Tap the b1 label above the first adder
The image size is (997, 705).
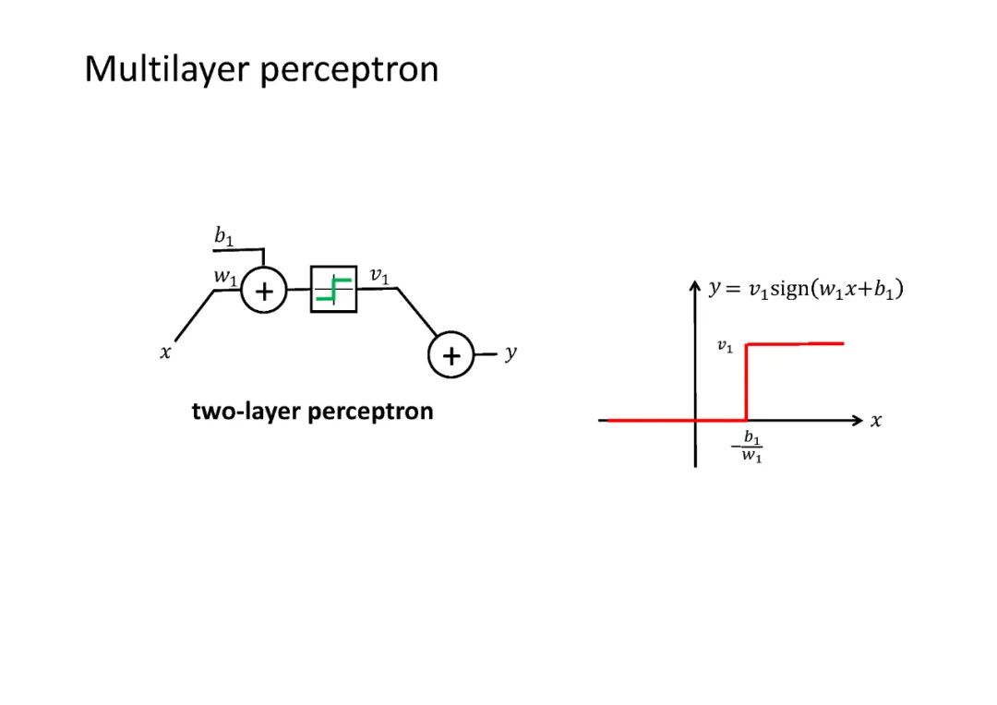pyautogui.click(x=223, y=237)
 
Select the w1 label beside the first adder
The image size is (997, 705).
pyautogui.click(x=224, y=275)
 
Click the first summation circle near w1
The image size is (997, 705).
pyautogui.click(x=264, y=292)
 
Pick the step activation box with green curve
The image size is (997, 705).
pyautogui.click(x=333, y=289)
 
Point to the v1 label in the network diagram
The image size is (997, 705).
pyautogui.click(x=378, y=275)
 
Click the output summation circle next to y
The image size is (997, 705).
pyautogui.click(x=450, y=356)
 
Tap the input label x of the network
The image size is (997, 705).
pyautogui.click(x=165, y=352)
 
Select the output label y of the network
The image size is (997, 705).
pyautogui.click(x=511, y=353)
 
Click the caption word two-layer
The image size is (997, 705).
pyautogui.click(x=246, y=412)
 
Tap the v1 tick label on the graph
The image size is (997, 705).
pyautogui.click(x=726, y=347)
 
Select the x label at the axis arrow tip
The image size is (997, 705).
pyautogui.click(x=876, y=421)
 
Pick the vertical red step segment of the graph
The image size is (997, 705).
pyautogui.click(x=746, y=383)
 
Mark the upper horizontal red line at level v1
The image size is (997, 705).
pyautogui.click(x=795, y=344)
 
